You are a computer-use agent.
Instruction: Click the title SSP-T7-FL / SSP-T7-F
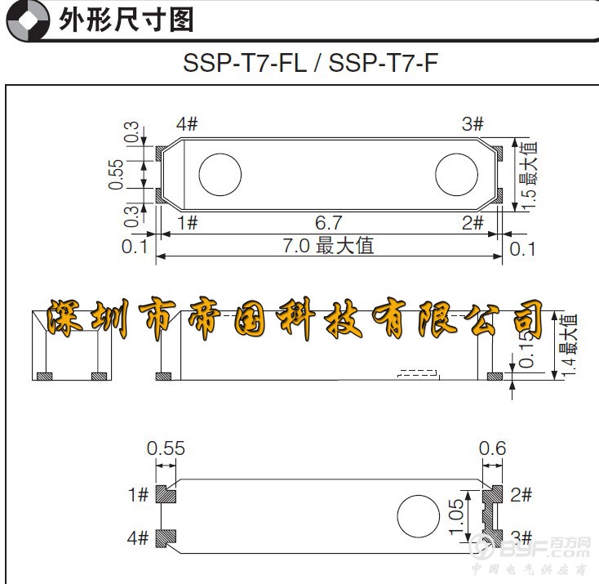click(x=310, y=62)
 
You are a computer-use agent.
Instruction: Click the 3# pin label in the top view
click(x=473, y=124)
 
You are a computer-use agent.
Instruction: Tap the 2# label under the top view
click(x=473, y=222)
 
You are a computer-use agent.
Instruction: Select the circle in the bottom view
click(x=417, y=517)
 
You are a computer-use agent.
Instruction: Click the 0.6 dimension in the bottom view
click(x=492, y=448)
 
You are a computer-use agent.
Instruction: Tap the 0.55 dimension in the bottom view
click(x=166, y=448)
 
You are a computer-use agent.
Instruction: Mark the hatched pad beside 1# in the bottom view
click(x=166, y=495)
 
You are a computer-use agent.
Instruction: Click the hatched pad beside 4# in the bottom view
click(x=166, y=537)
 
